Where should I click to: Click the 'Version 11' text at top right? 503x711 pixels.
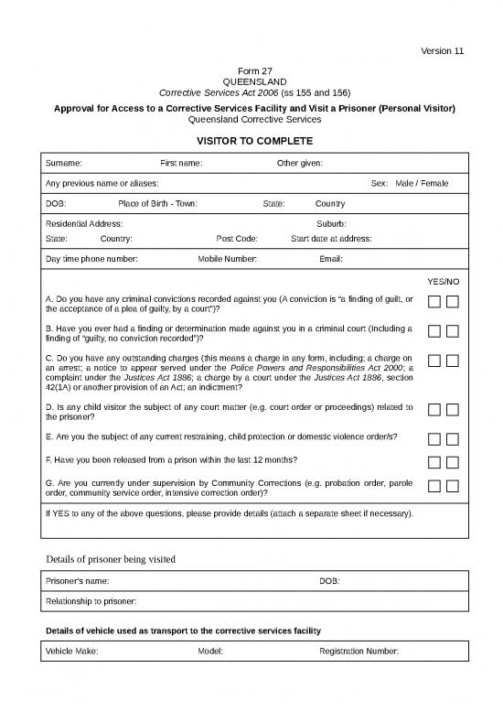click(443, 50)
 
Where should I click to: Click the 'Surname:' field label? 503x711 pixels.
click(63, 163)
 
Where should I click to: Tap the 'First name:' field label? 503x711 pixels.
click(181, 163)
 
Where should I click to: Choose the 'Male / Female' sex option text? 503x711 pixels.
click(422, 183)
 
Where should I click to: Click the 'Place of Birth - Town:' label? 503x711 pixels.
click(157, 203)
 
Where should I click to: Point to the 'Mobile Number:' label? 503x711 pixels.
click(228, 259)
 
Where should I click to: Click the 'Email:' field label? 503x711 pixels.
click(330, 259)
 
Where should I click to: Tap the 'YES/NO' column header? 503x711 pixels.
click(444, 281)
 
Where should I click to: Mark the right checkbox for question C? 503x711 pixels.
click(453, 361)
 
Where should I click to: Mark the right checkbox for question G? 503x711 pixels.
click(453, 485)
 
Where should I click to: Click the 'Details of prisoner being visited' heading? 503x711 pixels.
click(111, 558)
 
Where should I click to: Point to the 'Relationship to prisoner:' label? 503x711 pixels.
click(91, 601)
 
